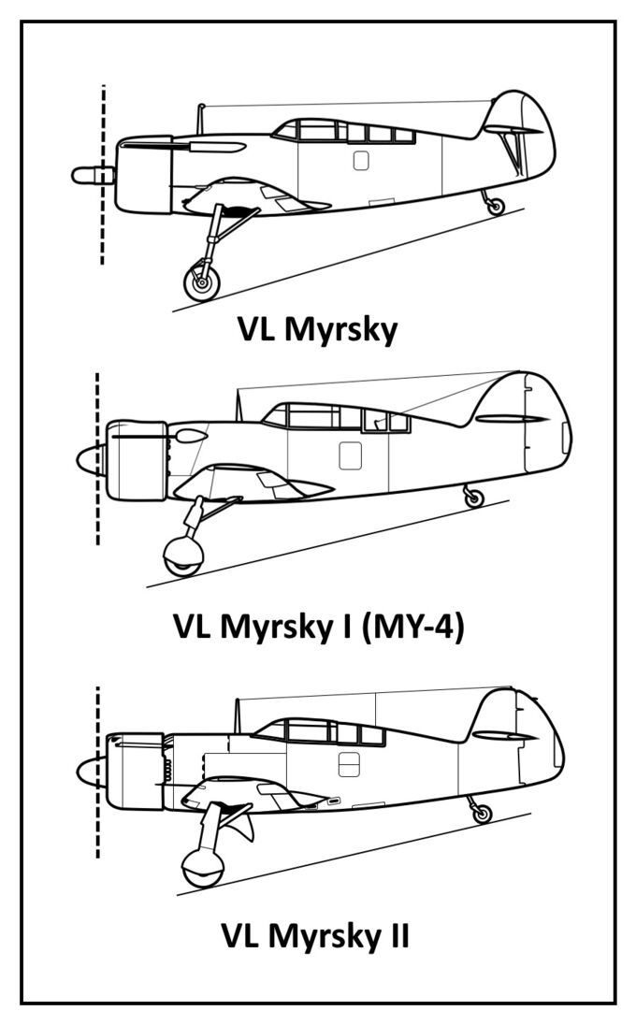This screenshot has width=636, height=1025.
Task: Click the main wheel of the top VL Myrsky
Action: click(x=202, y=279)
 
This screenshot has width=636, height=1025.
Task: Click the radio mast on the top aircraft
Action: click(x=200, y=120)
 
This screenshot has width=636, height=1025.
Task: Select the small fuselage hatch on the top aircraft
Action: click(x=361, y=161)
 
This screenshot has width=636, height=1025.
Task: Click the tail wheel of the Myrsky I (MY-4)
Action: click(x=474, y=498)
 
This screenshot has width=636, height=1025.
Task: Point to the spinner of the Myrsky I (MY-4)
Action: click(x=91, y=460)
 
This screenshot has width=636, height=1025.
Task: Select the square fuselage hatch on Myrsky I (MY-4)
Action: click(x=350, y=455)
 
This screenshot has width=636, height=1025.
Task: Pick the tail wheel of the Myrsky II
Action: click(x=482, y=814)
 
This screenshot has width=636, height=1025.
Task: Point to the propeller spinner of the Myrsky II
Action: click(x=91, y=772)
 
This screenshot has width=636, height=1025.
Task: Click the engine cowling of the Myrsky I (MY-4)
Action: click(x=137, y=460)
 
